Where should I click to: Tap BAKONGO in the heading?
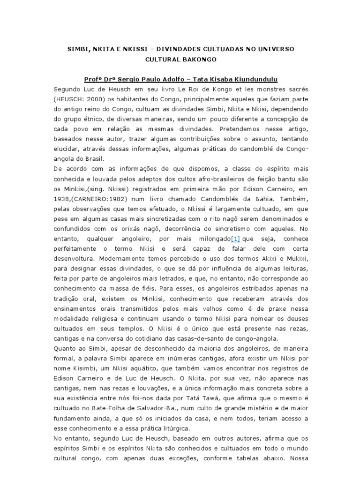tap(206, 60)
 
